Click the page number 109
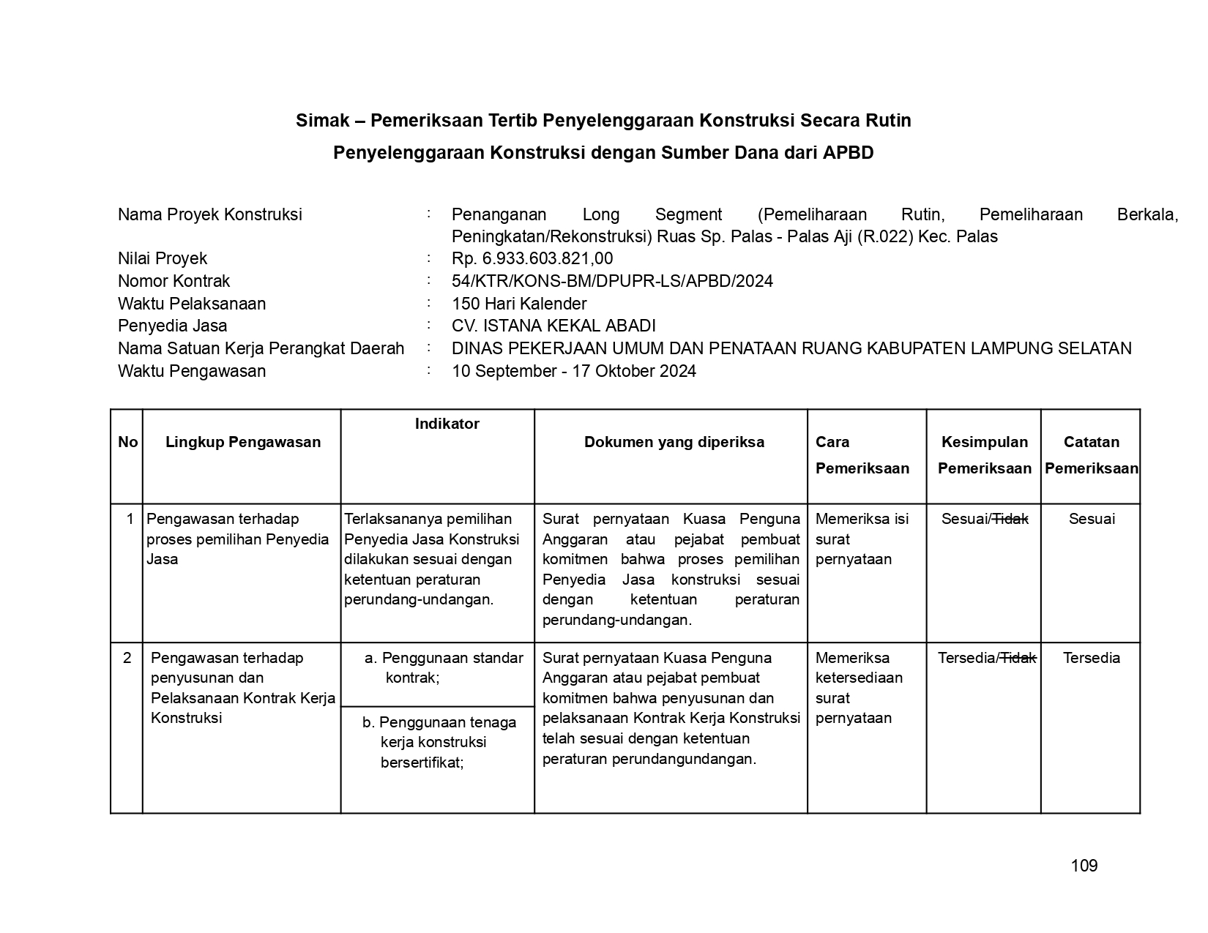tap(1084, 866)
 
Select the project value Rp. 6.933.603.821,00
tap(532, 258)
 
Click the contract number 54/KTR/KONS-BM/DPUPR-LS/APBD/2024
tap(612, 281)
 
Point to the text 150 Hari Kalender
tap(519, 304)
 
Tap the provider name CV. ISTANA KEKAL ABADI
tap(553, 326)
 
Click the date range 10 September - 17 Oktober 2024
tap(574, 371)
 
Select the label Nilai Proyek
tap(163, 258)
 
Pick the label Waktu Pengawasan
tap(192, 371)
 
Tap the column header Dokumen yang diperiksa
tap(674, 442)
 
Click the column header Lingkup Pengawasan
tap(243, 442)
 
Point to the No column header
tap(127, 442)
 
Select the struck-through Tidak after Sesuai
tap(1010, 519)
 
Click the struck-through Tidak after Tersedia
tap(1018, 658)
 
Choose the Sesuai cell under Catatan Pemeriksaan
tap(1092, 519)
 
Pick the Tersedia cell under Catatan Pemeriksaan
tap(1091, 658)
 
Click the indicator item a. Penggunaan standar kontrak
tap(444, 667)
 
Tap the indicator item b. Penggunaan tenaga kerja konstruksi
tap(439, 742)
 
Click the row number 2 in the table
tap(127, 658)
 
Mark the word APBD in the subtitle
tap(848, 153)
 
